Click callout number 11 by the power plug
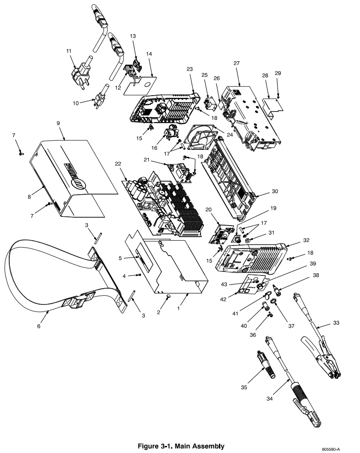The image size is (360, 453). pyautogui.click(x=69, y=52)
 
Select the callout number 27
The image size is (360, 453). pyautogui.click(x=236, y=63)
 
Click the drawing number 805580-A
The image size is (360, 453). pyautogui.click(x=330, y=449)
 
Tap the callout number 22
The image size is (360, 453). pyautogui.click(x=118, y=164)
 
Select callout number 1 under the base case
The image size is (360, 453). pyautogui.click(x=178, y=308)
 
